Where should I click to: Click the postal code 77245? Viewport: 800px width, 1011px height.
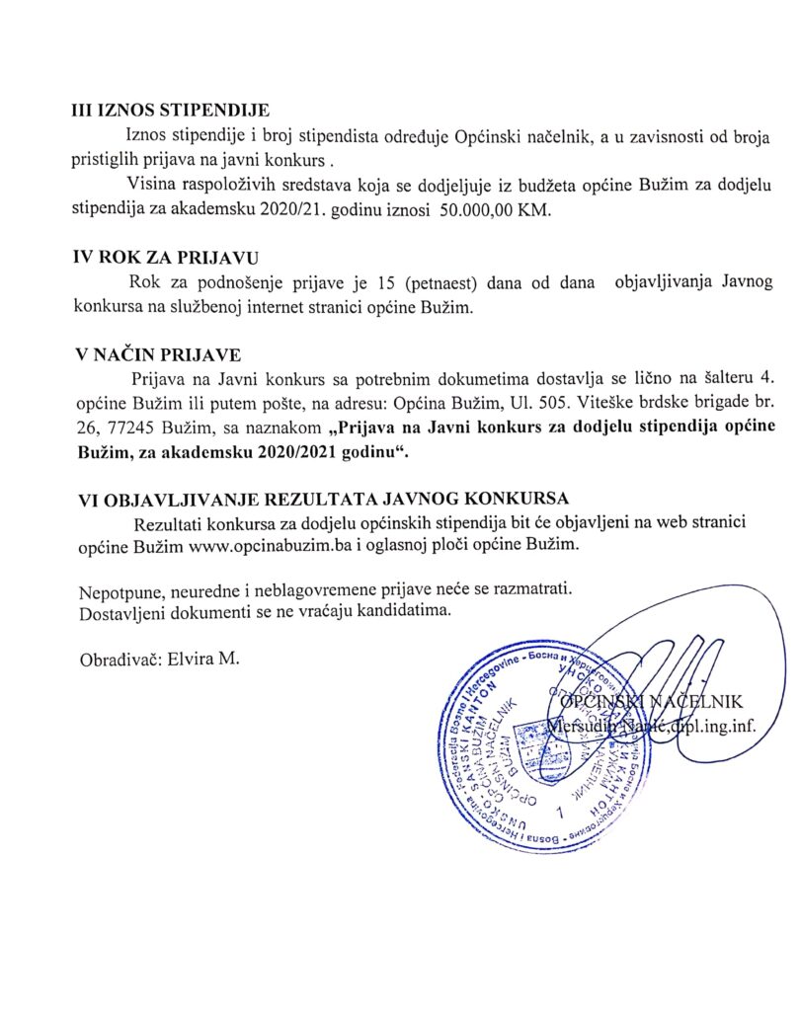click(129, 429)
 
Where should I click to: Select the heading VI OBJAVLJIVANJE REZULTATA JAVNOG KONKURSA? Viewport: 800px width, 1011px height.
click(329, 499)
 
